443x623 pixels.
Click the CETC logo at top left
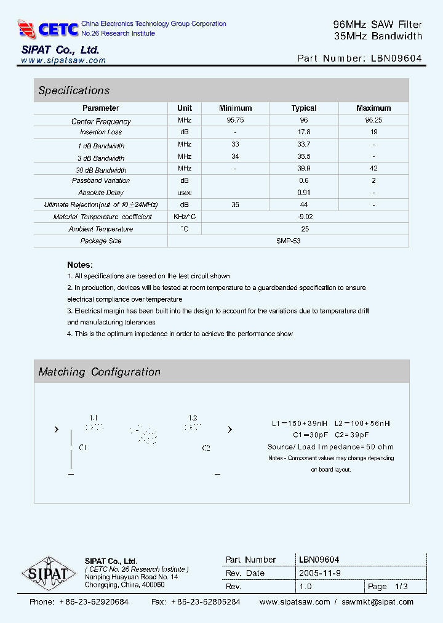pos(48,29)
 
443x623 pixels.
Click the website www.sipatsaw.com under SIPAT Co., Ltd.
pos(63,60)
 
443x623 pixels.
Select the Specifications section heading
pos(74,90)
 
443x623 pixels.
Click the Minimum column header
pos(235,108)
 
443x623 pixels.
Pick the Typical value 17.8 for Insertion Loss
pos(303,132)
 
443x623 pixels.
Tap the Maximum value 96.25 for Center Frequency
pos(373,121)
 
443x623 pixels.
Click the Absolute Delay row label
pos(101,193)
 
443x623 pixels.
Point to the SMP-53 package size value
pos(288,241)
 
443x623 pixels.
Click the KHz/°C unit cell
pos(185,217)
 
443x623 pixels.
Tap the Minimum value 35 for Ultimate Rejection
pos(235,204)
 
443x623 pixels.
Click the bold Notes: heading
pos(80,265)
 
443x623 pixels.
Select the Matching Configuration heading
pos(99,372)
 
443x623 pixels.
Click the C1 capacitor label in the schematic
pos(83,448)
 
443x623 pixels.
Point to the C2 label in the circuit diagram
pos(206,448)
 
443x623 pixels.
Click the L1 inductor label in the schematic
pos(94,417)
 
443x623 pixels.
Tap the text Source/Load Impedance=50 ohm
pos(330,446)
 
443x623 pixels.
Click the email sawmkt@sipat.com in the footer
pos(377,602)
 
